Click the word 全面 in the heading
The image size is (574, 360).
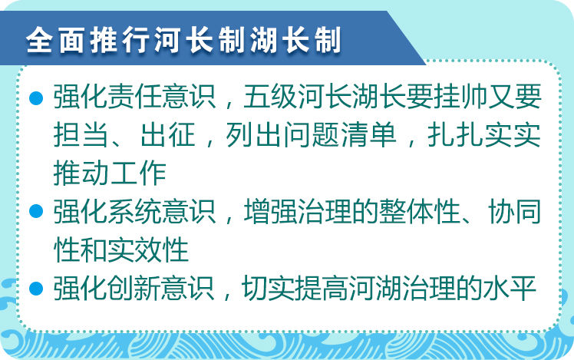(56, 40)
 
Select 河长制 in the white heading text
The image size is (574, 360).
(200, 40)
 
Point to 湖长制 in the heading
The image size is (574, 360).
(295, 40)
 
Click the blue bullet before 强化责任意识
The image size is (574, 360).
(36, 97)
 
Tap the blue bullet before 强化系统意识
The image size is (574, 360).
(36, 211)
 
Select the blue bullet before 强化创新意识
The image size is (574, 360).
(36, 288)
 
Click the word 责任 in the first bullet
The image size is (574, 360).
(134, 97)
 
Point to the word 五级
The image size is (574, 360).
(270, 97)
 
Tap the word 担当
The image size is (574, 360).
(80, 135)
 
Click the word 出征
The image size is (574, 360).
(167, 135)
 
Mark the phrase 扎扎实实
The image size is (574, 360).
(484, 135)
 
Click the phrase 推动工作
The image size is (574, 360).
(110, 173)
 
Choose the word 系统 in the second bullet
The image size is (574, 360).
(134, 212)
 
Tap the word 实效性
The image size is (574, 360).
(148, 250)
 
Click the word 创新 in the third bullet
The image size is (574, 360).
(134, 289)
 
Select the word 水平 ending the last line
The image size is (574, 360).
(510, 289)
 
